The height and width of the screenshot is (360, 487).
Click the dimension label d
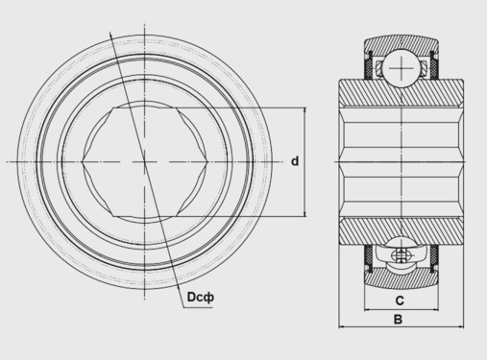[295, 161]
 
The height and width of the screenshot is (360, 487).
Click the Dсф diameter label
[201, 298]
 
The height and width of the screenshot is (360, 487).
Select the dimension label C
[400, 300]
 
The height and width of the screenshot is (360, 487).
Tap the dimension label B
[398, 319]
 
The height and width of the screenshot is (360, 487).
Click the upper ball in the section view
[402, 68]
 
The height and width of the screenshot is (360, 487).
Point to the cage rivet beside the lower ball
[400, 255]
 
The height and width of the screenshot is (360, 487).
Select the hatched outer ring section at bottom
[402, 277]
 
